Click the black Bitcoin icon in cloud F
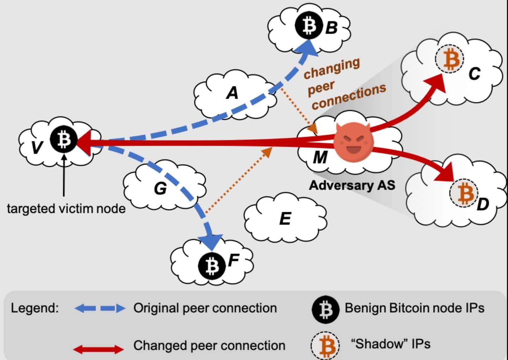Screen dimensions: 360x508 (x=212, y=265)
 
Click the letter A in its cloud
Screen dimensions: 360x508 (x=232, y=93)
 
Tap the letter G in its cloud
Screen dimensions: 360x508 (x=160, y=188)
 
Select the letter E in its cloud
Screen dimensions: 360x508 (x=285, y=219)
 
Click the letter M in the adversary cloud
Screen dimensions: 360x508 (x=320, y=157)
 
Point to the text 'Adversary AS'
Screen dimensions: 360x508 (x=352, y=185)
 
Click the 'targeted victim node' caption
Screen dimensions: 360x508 (x=66, y=208)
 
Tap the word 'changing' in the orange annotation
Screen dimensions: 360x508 (x=332, y=68)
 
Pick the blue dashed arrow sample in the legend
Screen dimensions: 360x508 (x=100, y=309)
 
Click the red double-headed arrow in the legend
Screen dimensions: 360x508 (x=98, y=349)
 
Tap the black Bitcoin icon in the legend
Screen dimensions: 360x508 (x=325, y=309)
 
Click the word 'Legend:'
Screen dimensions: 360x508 (x=35, y=308)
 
